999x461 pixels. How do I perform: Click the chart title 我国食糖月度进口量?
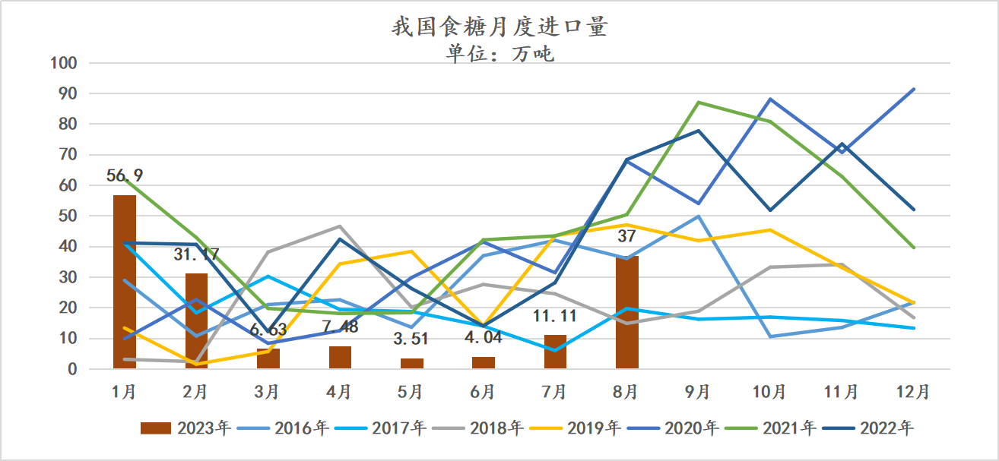[x=499, y=27]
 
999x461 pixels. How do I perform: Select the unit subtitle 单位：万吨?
[x=499, y=54]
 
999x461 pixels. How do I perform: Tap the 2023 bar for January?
[x=124, y=282]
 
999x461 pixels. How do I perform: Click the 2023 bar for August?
[x=626, y=312]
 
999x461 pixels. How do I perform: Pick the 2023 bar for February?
[x=196, y=321]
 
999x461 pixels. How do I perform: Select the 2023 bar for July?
[x=555, y=352]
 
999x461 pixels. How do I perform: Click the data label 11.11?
[x=554, y=316]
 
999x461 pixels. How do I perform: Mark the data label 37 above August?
[x=626, y=236]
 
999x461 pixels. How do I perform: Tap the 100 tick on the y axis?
[x=65, y=63]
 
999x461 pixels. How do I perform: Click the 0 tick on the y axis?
[x=73, y=369]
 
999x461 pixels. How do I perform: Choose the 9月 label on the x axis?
[x=698, y=392]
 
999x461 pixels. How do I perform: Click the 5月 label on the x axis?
[x=411, y=392]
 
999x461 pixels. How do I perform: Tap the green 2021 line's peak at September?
[x=698, y=102]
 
